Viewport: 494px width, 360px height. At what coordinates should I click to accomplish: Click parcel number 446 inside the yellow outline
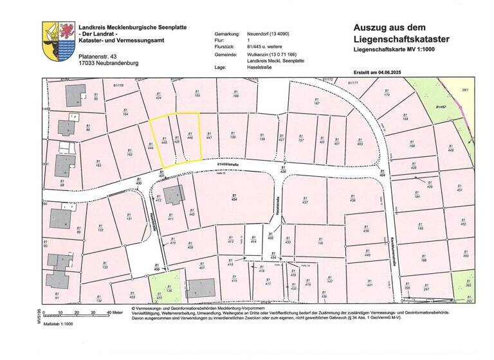click(190, 136)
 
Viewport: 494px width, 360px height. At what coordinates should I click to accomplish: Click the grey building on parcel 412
click(172, 194)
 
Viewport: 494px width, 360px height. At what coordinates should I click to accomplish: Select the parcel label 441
click(369, 282)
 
